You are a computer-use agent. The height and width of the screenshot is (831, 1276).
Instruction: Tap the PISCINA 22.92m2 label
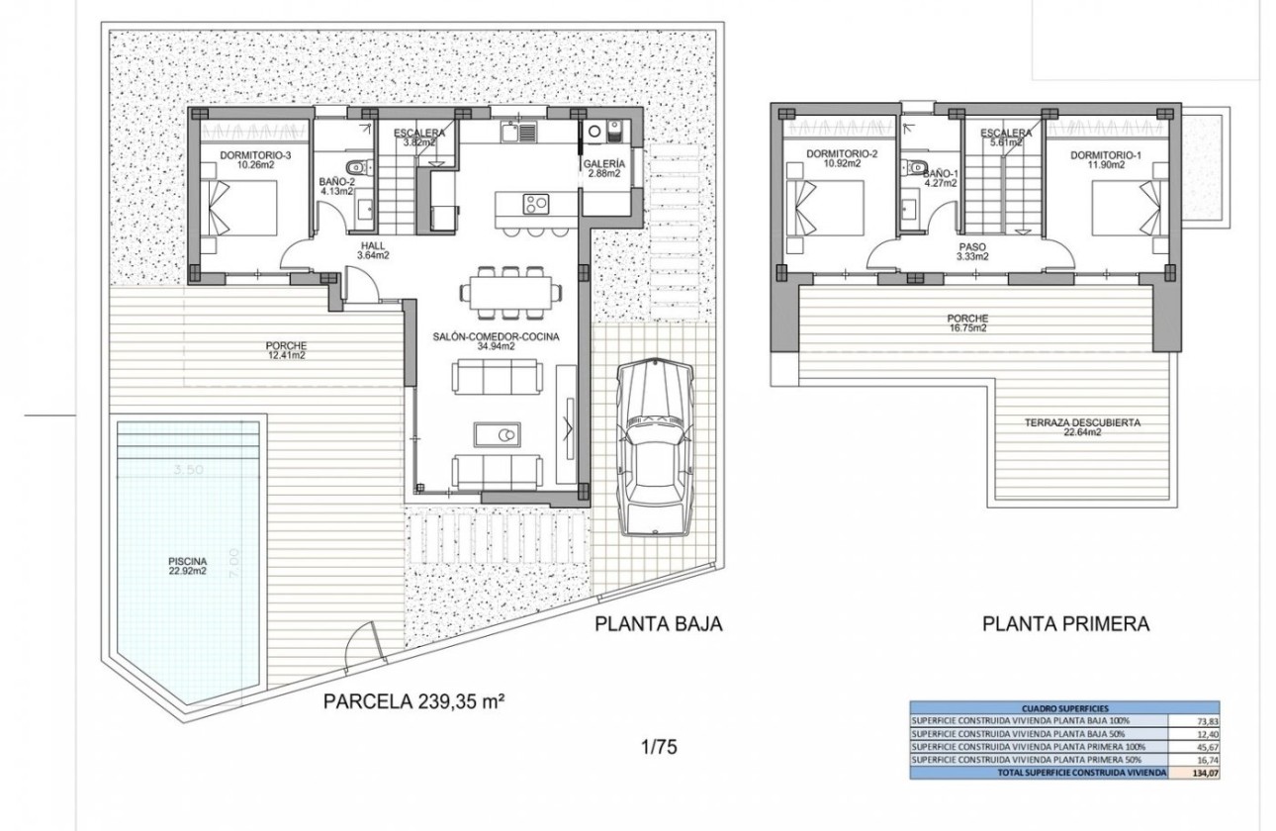pos(187,565)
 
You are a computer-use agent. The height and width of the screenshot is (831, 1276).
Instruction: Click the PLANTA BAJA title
pos(658,624)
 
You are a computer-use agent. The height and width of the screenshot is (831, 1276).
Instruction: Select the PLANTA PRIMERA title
pos(1065,624)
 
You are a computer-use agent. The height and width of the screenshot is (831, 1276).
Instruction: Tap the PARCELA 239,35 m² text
pos(414,702)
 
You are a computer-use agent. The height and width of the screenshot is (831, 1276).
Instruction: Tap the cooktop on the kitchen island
pos(536,205)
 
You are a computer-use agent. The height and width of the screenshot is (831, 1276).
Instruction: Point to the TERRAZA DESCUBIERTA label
pos(1082,426)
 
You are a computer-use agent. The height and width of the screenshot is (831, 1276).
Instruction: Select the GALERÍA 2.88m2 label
pos(603,168)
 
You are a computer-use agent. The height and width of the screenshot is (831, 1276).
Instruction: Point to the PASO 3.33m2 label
pos(972,252)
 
